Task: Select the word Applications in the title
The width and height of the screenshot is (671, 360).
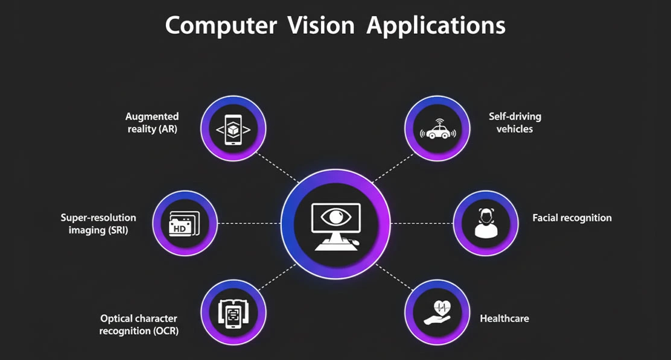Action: point(436,26)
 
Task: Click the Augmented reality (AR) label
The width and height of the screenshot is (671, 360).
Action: point(152,122)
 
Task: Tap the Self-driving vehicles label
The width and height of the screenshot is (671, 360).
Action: point(515,122)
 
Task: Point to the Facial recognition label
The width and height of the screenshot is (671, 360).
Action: point(571,218)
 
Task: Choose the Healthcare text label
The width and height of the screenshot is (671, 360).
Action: point(504,318)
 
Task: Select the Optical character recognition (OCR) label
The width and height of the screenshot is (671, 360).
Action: point(139,324)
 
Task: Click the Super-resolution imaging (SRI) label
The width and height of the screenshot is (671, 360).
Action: point(98,223)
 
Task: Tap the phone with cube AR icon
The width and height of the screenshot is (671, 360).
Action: point(233,129)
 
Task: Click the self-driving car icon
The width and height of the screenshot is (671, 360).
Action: point(437,131)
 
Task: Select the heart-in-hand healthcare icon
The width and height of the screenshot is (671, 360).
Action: point(437,314)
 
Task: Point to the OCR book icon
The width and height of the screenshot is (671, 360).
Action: point(233,314)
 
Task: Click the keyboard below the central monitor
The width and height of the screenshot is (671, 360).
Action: point(332,244)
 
